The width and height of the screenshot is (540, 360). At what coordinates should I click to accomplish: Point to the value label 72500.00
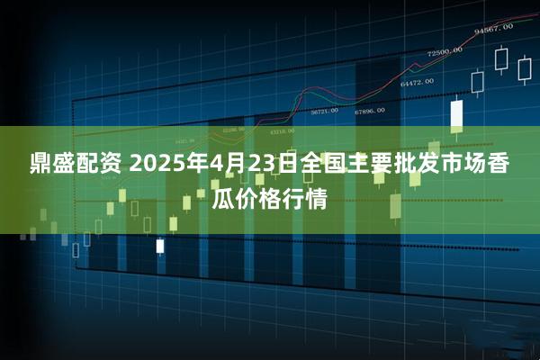coord(445,51)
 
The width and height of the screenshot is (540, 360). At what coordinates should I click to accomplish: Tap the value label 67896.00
coord(369,111)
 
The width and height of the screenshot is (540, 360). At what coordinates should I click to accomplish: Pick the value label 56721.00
coord(324,111)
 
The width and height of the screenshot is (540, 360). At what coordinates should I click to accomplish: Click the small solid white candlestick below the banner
coord(160,245)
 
